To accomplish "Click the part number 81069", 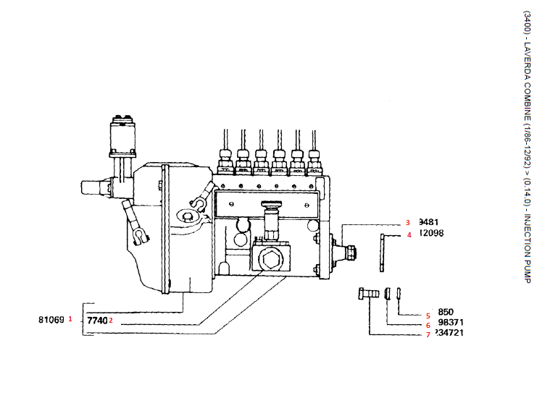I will click(x=51, y=318).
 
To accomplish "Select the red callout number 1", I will click(x=71, y=318).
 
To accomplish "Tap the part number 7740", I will click(x=97, y=319).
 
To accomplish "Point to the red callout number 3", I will click(x=408, y=223).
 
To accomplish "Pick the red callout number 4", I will click(x=409, y=234).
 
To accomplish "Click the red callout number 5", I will click(x=428, y=315).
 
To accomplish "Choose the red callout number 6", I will click(x=428, y=325).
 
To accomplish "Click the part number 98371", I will click(x=451, y=323).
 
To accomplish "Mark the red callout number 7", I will click(x=428, y=334).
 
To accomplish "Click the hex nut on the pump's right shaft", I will click(x=351, y=252).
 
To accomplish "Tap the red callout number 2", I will click(x=111, y=321).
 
